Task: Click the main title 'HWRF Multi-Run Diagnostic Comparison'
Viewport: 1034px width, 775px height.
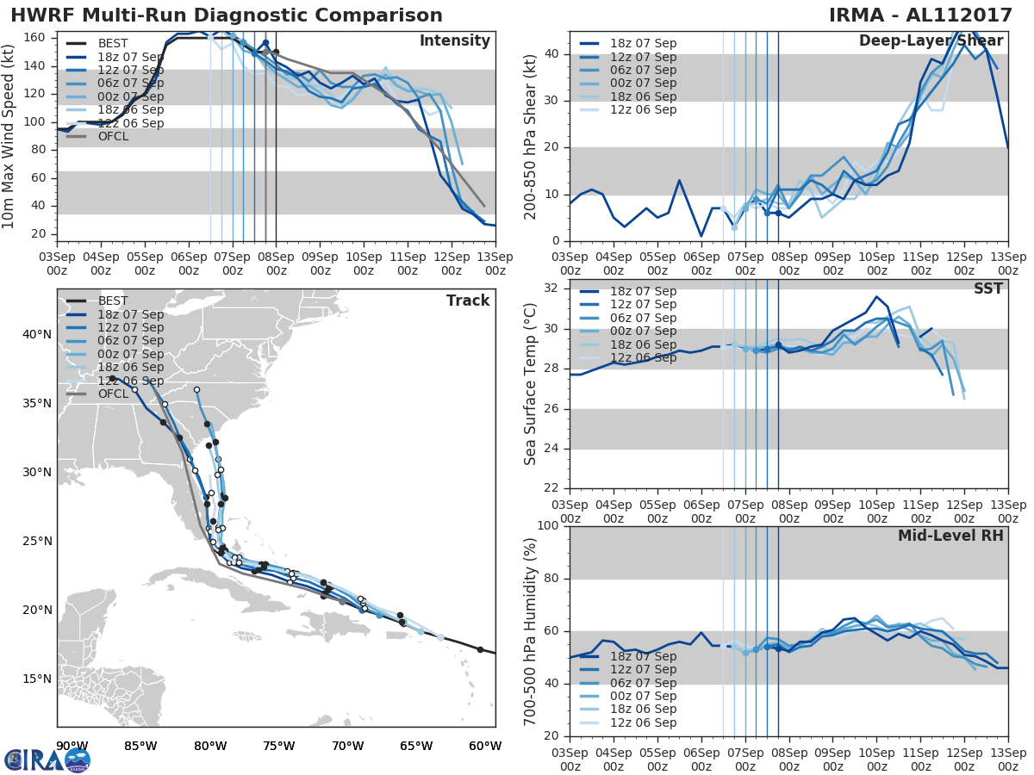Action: [x=227, y=15]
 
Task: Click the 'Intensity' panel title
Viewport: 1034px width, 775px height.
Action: [x=454, y=41]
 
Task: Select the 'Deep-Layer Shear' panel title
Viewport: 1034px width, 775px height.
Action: [x=931, y=41]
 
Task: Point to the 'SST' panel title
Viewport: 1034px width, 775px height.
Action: [x=987, y=288]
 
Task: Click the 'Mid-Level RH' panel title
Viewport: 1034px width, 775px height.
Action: [x=950, y=536]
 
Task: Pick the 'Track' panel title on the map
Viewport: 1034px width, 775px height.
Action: [x=468, y=301]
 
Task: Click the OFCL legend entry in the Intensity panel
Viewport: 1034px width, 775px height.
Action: [x=113, y=136]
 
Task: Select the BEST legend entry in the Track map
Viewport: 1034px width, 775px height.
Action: [x=113, y=301]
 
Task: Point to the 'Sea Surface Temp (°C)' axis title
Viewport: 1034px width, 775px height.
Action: [x=531, y=384]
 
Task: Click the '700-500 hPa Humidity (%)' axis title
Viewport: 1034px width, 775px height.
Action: [x=531, y=631]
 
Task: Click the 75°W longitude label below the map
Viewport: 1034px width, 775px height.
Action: [x=278, y=746]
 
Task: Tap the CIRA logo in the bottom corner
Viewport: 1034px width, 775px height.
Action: [x=47, y=759]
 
